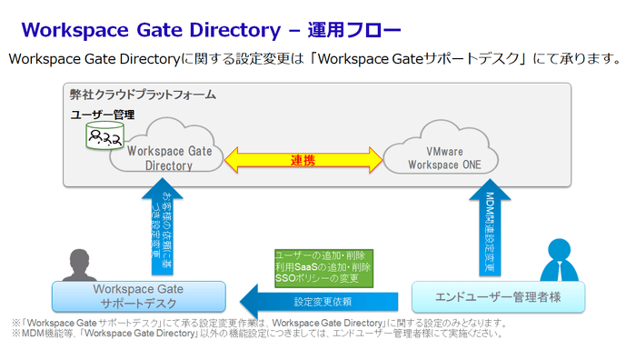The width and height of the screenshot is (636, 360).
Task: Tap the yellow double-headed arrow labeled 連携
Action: click(303, 161)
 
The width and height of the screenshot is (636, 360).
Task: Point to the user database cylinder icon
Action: click(100, 135)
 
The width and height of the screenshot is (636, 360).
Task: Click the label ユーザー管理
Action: click(103, 115)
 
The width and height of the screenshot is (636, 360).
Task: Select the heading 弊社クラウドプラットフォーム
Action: click(143, 95)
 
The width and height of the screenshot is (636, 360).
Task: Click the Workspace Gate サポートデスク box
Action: click(139, 296)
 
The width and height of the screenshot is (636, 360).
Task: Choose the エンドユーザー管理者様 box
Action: click(498, 296)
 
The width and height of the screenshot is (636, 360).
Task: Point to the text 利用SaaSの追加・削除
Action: click(323, 267)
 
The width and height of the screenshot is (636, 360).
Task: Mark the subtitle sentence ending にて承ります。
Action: click(314, 59)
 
